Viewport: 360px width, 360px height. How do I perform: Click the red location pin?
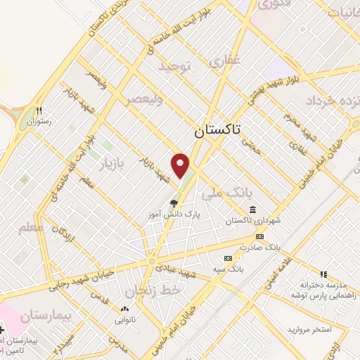coord(181,165)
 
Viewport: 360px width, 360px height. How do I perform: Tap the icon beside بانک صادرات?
coord(259,237)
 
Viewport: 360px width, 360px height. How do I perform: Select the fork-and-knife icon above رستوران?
coord(40,110)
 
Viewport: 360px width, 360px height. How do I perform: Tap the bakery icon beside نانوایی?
coord(125,309)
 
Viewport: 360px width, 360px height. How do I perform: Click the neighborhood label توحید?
coord(175,67)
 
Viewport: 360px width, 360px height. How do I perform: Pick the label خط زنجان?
coord(153,290)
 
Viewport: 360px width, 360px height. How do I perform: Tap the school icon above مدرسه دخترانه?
coord(323,274)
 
